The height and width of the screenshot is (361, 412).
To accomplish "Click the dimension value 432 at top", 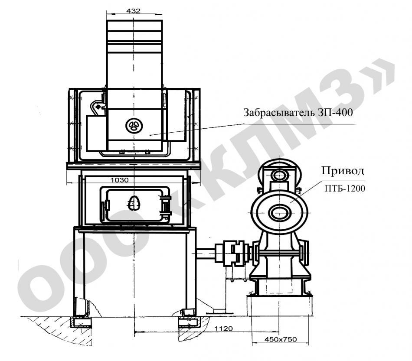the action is point(134,11).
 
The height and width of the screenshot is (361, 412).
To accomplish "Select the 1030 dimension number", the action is point(120,180).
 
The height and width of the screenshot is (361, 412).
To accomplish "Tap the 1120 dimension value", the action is point(224,328).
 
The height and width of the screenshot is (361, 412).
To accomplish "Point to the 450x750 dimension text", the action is point(280,339).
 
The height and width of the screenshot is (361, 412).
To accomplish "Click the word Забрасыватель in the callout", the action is point(279,113).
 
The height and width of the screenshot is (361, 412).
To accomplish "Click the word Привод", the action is point(343,171).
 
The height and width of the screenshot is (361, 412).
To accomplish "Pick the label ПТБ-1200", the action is point(345,189).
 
